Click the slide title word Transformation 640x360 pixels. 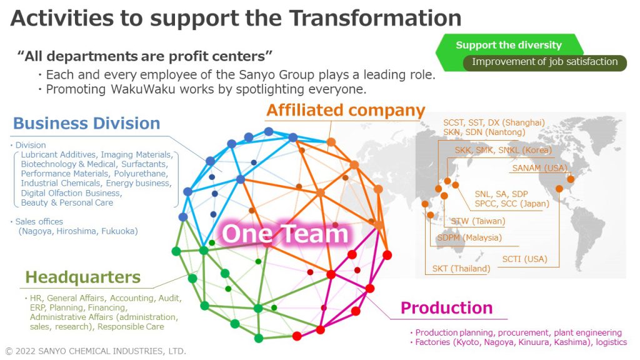click(x=375, y=17)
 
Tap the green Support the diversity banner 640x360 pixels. click(x=508, y=45)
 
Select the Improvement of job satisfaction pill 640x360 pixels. click(x=544, y=62)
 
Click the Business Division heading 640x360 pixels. click(x=86, y=123)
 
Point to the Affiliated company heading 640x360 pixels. click(x=346, y=111)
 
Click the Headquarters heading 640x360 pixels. click(x=82, y=277)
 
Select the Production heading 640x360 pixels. click(x=446, y=307)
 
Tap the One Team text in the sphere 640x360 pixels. click(x=285, y=234)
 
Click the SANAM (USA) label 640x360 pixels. click(x=539, y=168)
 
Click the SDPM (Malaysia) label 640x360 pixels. click(x=469, y=237)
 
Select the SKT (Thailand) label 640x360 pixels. click(x=461, y=269)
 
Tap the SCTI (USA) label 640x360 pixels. click(x=524, y=259)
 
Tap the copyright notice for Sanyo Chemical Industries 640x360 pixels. click(x=95, y=351)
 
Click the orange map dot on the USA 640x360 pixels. click(x=570, y=179)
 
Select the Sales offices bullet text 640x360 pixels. click(x=39, y=221)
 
